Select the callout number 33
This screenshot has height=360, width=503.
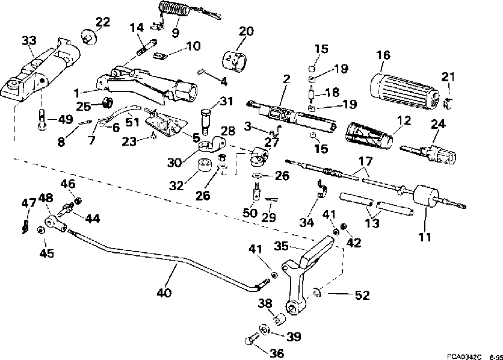tap(29, 41)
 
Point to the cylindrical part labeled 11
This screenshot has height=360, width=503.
tap(427, 196)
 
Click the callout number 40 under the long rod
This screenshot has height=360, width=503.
tap(164, 293)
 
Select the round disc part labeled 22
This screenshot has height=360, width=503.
tap(88, 37)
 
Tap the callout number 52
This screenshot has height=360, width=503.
tap(362, 295)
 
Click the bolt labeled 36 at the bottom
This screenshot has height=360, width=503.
tap(252, 339)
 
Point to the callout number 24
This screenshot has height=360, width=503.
tap(438, 124)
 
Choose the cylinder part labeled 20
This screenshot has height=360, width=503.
tap(235, 61)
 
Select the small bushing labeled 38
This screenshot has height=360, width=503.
tap(279, 319)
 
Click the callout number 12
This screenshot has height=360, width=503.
tap(404, 120)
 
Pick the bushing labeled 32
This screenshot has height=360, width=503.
tap(204, 165)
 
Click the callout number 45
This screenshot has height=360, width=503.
tap(47, 253)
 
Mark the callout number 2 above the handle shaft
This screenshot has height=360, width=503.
tap(286, 79)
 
